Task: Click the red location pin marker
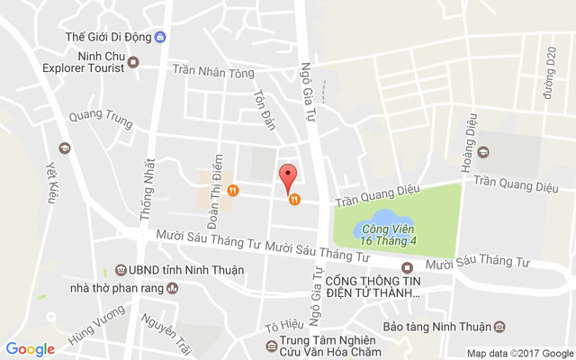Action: [288, 175]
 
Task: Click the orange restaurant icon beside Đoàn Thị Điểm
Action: [232, 190]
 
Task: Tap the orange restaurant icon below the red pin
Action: [294, 200]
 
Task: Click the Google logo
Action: [31, 349]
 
